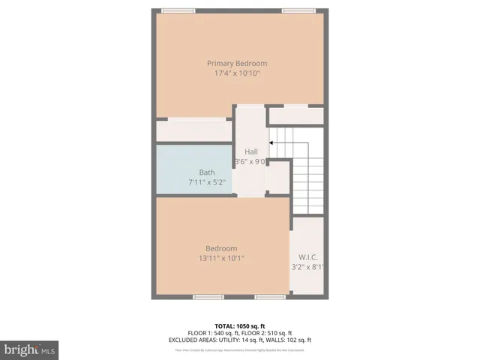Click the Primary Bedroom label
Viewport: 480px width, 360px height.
(237, 64)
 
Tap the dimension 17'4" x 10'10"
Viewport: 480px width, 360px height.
(237, 73)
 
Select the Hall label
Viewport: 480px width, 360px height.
(251, 152)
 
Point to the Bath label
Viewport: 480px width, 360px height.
(206, 172)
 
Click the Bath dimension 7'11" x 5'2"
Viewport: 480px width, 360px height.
(206, 182)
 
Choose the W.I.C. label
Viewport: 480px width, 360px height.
(307, 256)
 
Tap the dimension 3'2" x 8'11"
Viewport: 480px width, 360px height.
(307, 266)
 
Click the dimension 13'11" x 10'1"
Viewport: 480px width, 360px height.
(221, 258)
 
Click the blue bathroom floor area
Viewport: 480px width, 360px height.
(180, 161)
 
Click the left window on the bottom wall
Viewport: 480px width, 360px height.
(208, 297)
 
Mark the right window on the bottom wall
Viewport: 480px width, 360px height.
(270, 297)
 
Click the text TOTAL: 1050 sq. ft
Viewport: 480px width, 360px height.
(240, 326)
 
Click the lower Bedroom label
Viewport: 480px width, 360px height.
(221, 248)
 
